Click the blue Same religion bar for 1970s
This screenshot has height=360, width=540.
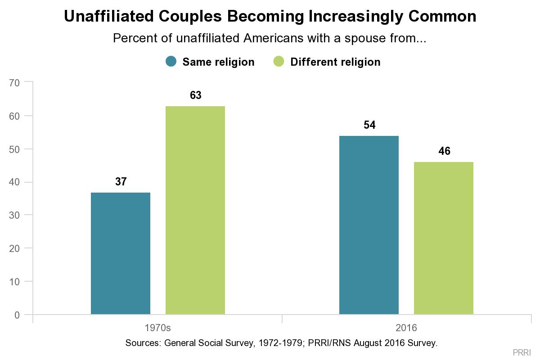click(x=121, y=253)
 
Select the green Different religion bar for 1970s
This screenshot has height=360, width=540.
click(x=195, y=210)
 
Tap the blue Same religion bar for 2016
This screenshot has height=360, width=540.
click(x=369, y=225)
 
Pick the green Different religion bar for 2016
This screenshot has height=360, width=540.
click(x=444, y=238)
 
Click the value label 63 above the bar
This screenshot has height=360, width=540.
click(x=195, y=95)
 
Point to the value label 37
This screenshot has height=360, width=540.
click(x=121, y=182)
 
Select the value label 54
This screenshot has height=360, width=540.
click(x=369, y=125)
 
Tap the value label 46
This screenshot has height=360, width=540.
click(x=444, y=151)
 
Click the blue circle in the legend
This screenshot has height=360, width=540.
click(x=171, y=62)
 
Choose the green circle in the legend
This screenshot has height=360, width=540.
click(x=279, y=62)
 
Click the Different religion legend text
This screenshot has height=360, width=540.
click(x=335, y=62)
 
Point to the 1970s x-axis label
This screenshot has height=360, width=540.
click(x=157, y=327)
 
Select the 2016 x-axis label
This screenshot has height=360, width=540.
click(x=406, y=327)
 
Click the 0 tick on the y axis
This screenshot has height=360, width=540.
click(x=17, y=315)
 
